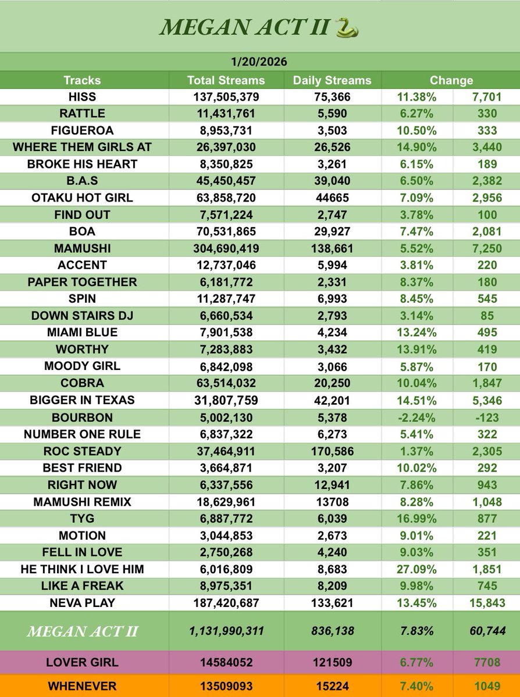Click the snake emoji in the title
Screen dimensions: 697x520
347,27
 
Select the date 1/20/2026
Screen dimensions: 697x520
260,62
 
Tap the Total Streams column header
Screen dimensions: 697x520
226,80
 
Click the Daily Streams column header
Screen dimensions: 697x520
332,80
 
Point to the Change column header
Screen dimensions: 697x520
451,80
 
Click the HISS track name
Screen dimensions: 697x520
82,97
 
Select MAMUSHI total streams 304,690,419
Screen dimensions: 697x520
226,248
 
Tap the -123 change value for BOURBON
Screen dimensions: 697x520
483,417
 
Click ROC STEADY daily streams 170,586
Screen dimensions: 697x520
332,451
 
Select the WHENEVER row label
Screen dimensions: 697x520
82,685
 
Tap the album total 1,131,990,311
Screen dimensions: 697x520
226,631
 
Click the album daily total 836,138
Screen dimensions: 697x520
332,631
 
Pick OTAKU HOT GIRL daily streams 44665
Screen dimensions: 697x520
332,197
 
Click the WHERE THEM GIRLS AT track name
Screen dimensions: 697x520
82,147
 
